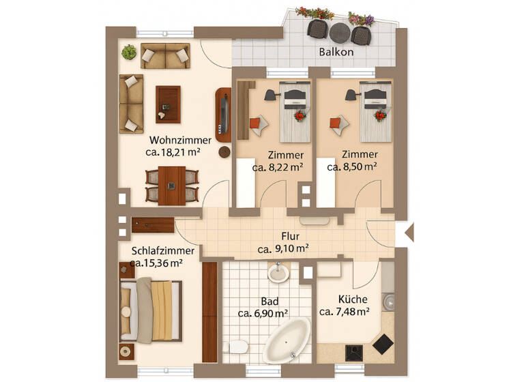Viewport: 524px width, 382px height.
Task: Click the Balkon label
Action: tap(336, 52)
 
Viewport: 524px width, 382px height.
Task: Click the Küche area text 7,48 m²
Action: tap(345, 312)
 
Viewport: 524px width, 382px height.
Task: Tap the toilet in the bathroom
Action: tap(236, 348)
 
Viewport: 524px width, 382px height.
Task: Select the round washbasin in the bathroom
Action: tap(278, 274)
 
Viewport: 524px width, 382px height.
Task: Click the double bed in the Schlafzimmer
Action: tap(151, 310)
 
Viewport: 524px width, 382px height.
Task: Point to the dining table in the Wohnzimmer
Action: tap(172, 185)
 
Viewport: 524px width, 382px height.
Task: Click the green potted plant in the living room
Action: tap(128, 52)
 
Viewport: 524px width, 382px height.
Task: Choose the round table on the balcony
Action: tap(339, 32)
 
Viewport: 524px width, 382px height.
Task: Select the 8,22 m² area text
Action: tap(278, 166)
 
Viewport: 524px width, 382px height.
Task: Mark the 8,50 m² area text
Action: tap(351, 166)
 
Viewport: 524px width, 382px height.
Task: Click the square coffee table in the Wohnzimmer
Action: tap(168, 104)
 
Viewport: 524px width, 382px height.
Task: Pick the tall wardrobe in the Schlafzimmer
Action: tap(209, 312)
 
